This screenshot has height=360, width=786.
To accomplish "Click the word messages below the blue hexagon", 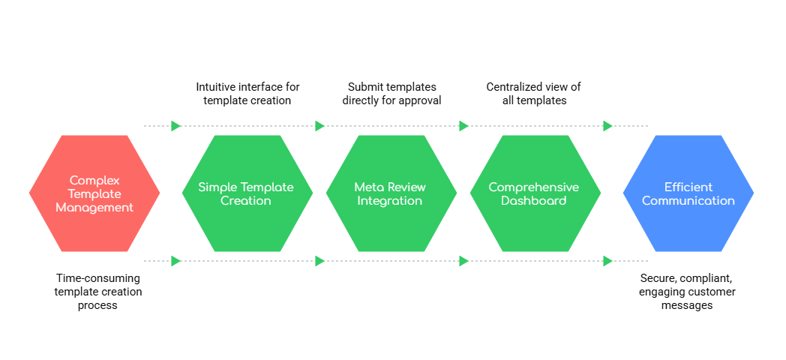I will click(688, 305).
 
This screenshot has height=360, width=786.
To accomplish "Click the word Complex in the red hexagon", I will click(94, 180).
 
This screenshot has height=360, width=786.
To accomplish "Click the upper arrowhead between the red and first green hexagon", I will click(176, 126).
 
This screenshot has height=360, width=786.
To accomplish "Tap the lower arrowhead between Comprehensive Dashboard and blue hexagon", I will click(607, 261).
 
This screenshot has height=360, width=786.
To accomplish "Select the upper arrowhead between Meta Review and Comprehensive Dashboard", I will click(463, 126).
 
